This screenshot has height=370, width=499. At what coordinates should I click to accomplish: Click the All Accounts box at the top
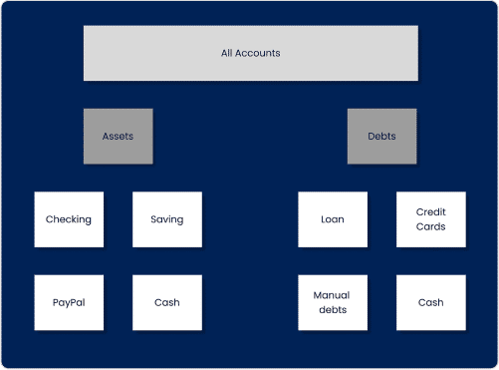[250, 53]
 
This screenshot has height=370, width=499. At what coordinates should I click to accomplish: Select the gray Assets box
[118, 136]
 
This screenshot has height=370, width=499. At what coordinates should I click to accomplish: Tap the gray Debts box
[381, 136]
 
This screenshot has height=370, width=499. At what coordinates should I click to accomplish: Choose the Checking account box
[69, 219]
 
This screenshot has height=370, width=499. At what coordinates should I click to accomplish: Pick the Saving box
[167, 219]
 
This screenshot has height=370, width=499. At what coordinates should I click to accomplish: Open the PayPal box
[69, 302]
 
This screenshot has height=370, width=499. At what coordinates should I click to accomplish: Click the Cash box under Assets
[167, 302]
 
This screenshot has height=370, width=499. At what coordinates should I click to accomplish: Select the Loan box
[333, 219]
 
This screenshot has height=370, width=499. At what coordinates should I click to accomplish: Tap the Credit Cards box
[430, 219]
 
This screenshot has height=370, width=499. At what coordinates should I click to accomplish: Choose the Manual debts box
[333, 302]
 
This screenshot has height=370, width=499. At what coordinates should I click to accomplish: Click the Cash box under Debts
[430, 302]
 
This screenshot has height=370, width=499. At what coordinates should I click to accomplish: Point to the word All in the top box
[226, 53]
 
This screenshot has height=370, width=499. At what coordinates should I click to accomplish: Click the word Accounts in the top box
[258, 53]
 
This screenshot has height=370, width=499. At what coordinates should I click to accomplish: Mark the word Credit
[430, 211]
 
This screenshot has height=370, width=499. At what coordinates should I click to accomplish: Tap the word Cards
[430, 227]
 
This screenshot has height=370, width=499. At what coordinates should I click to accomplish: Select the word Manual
[333, 295]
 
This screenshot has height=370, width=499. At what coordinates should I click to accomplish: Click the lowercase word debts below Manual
[333, 310]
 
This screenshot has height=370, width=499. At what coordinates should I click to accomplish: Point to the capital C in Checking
[50, 219]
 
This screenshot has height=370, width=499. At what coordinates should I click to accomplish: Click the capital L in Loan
[324, 219]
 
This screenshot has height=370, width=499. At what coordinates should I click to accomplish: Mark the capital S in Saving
[153, 219]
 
